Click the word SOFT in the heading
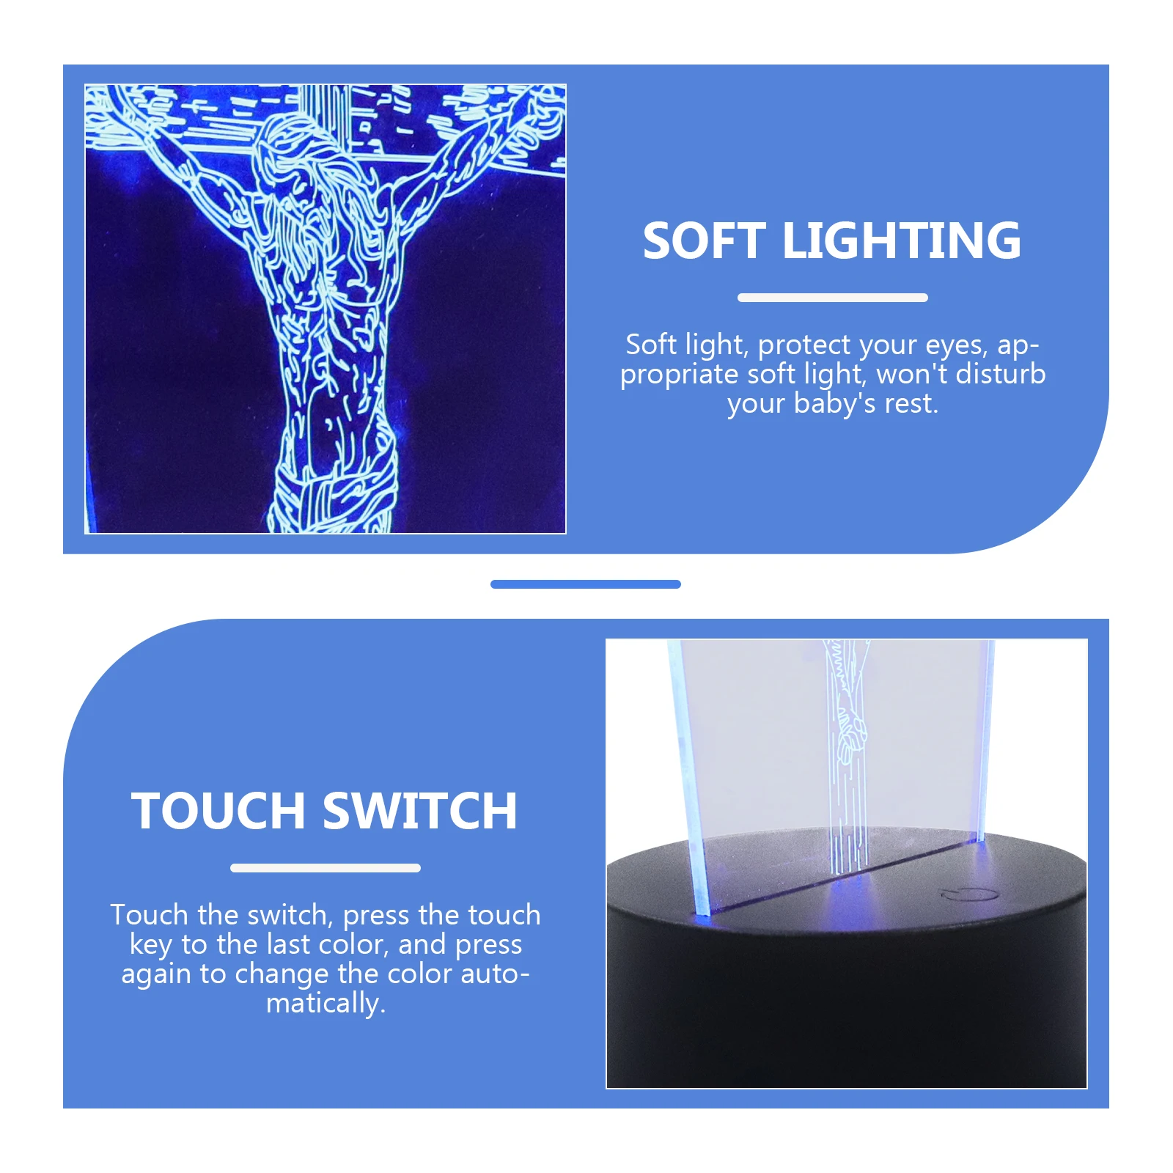[x=703, y=241]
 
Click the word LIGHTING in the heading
[x=901, y=241]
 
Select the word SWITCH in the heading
[x=420, y=812]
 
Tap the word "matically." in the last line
[x=326, y=1003]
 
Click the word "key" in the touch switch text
[x=150, y=945]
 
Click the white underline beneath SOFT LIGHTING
[x=832, y=298]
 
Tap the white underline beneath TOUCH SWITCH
[x=325, y=868]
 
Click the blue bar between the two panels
[x=585, y=584]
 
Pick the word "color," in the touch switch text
[x=353, y=945]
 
